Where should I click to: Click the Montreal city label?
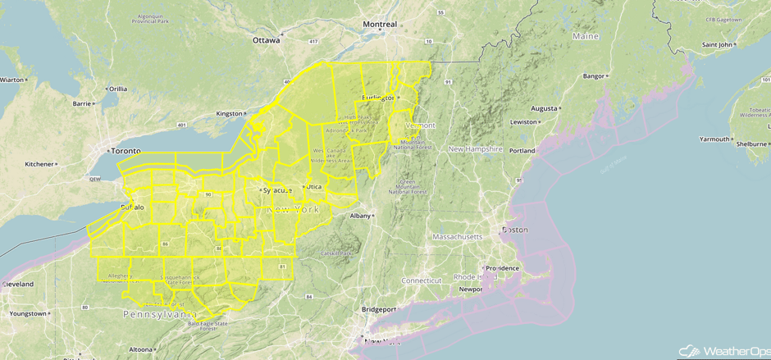click(380, 24)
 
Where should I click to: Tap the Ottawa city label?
click(266, 39)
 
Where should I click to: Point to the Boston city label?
click(514, 229)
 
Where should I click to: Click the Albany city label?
click(360, 216)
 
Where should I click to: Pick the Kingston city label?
click(229, 113)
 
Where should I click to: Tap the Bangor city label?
click(593, 76)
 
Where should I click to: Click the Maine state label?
click(586, 37)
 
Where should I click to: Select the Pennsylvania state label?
click(160, 314)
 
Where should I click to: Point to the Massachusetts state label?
click(458, 237)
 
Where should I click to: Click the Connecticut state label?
click(422, 280)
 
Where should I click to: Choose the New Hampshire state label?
click(475, 148)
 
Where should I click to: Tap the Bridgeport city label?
click(378, 309)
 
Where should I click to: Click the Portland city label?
click(521, 151)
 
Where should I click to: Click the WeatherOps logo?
click(720, 350)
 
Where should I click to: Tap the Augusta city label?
click(545, 108)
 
